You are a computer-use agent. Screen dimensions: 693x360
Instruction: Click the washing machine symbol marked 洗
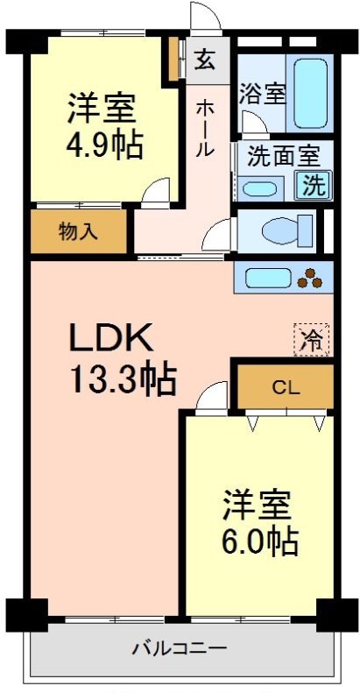coord(313,185)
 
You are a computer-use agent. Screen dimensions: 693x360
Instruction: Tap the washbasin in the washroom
coord(260,187)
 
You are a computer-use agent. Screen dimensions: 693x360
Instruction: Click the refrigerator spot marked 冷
coord(311,338)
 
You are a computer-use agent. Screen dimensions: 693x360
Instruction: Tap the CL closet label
coord(282,386)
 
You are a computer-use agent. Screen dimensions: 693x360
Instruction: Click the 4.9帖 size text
coord(102,145)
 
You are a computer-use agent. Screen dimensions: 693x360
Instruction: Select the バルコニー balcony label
coord(180,649)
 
